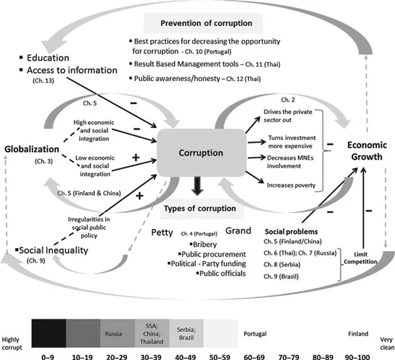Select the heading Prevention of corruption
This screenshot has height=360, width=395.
[x=207, y=23]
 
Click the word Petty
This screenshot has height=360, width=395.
[x=162, y=232]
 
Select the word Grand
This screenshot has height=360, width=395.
[x=239, y=232]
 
